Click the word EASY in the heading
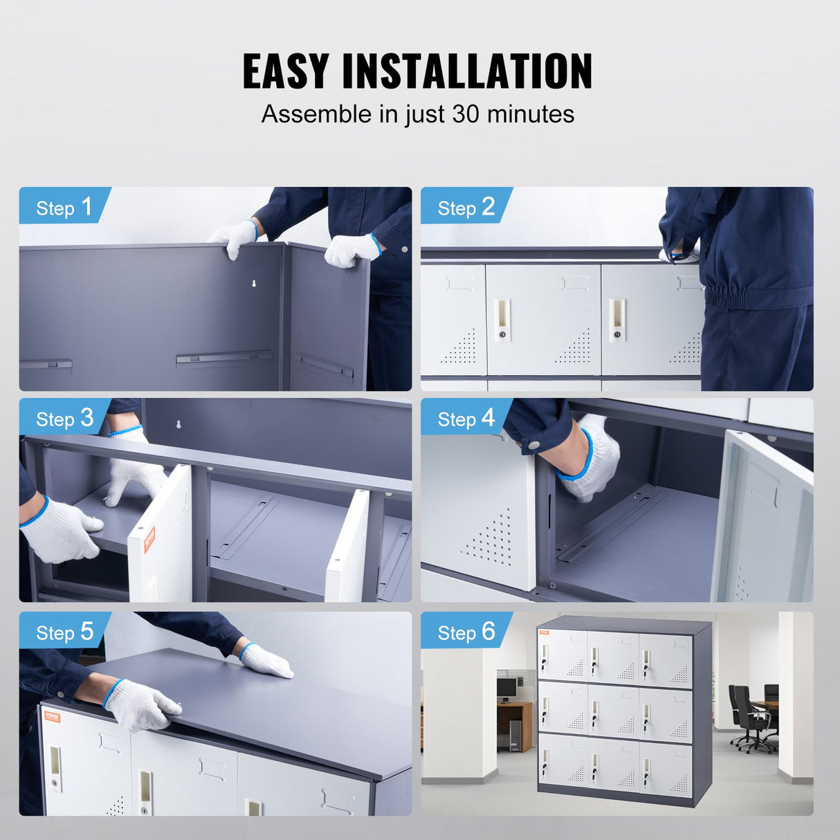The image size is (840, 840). tap(285, 71)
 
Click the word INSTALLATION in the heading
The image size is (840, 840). tap(467, 71)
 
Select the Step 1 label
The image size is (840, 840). tap(64, 207)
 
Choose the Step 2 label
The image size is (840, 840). tap(466, 207)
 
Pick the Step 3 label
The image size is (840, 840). tap(64, 418)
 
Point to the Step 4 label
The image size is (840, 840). tap(466, 418)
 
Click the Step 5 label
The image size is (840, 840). tap(64, 632)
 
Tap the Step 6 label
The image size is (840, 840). tap(466, 632)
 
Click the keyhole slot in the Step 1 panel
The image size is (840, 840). tap(254, 284)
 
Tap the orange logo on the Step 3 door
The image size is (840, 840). tap(149, 539)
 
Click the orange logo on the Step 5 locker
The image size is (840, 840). tap(53, 716)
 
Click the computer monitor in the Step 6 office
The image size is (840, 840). tap(506, 687)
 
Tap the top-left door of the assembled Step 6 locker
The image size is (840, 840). tap(562, 654)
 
